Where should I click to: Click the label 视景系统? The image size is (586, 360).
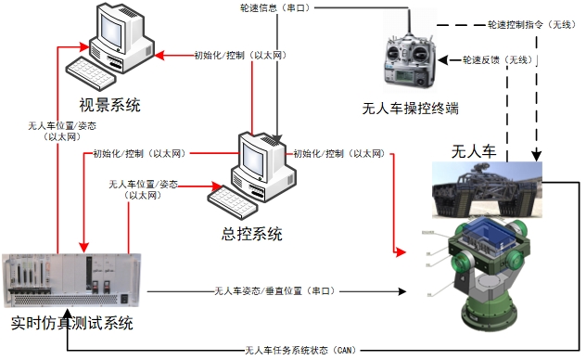(109, 105)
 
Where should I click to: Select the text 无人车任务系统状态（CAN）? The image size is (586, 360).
(299, 350)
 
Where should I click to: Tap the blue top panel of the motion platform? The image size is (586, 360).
(484, 238)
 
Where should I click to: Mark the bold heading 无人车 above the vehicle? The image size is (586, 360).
(474, 150)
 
